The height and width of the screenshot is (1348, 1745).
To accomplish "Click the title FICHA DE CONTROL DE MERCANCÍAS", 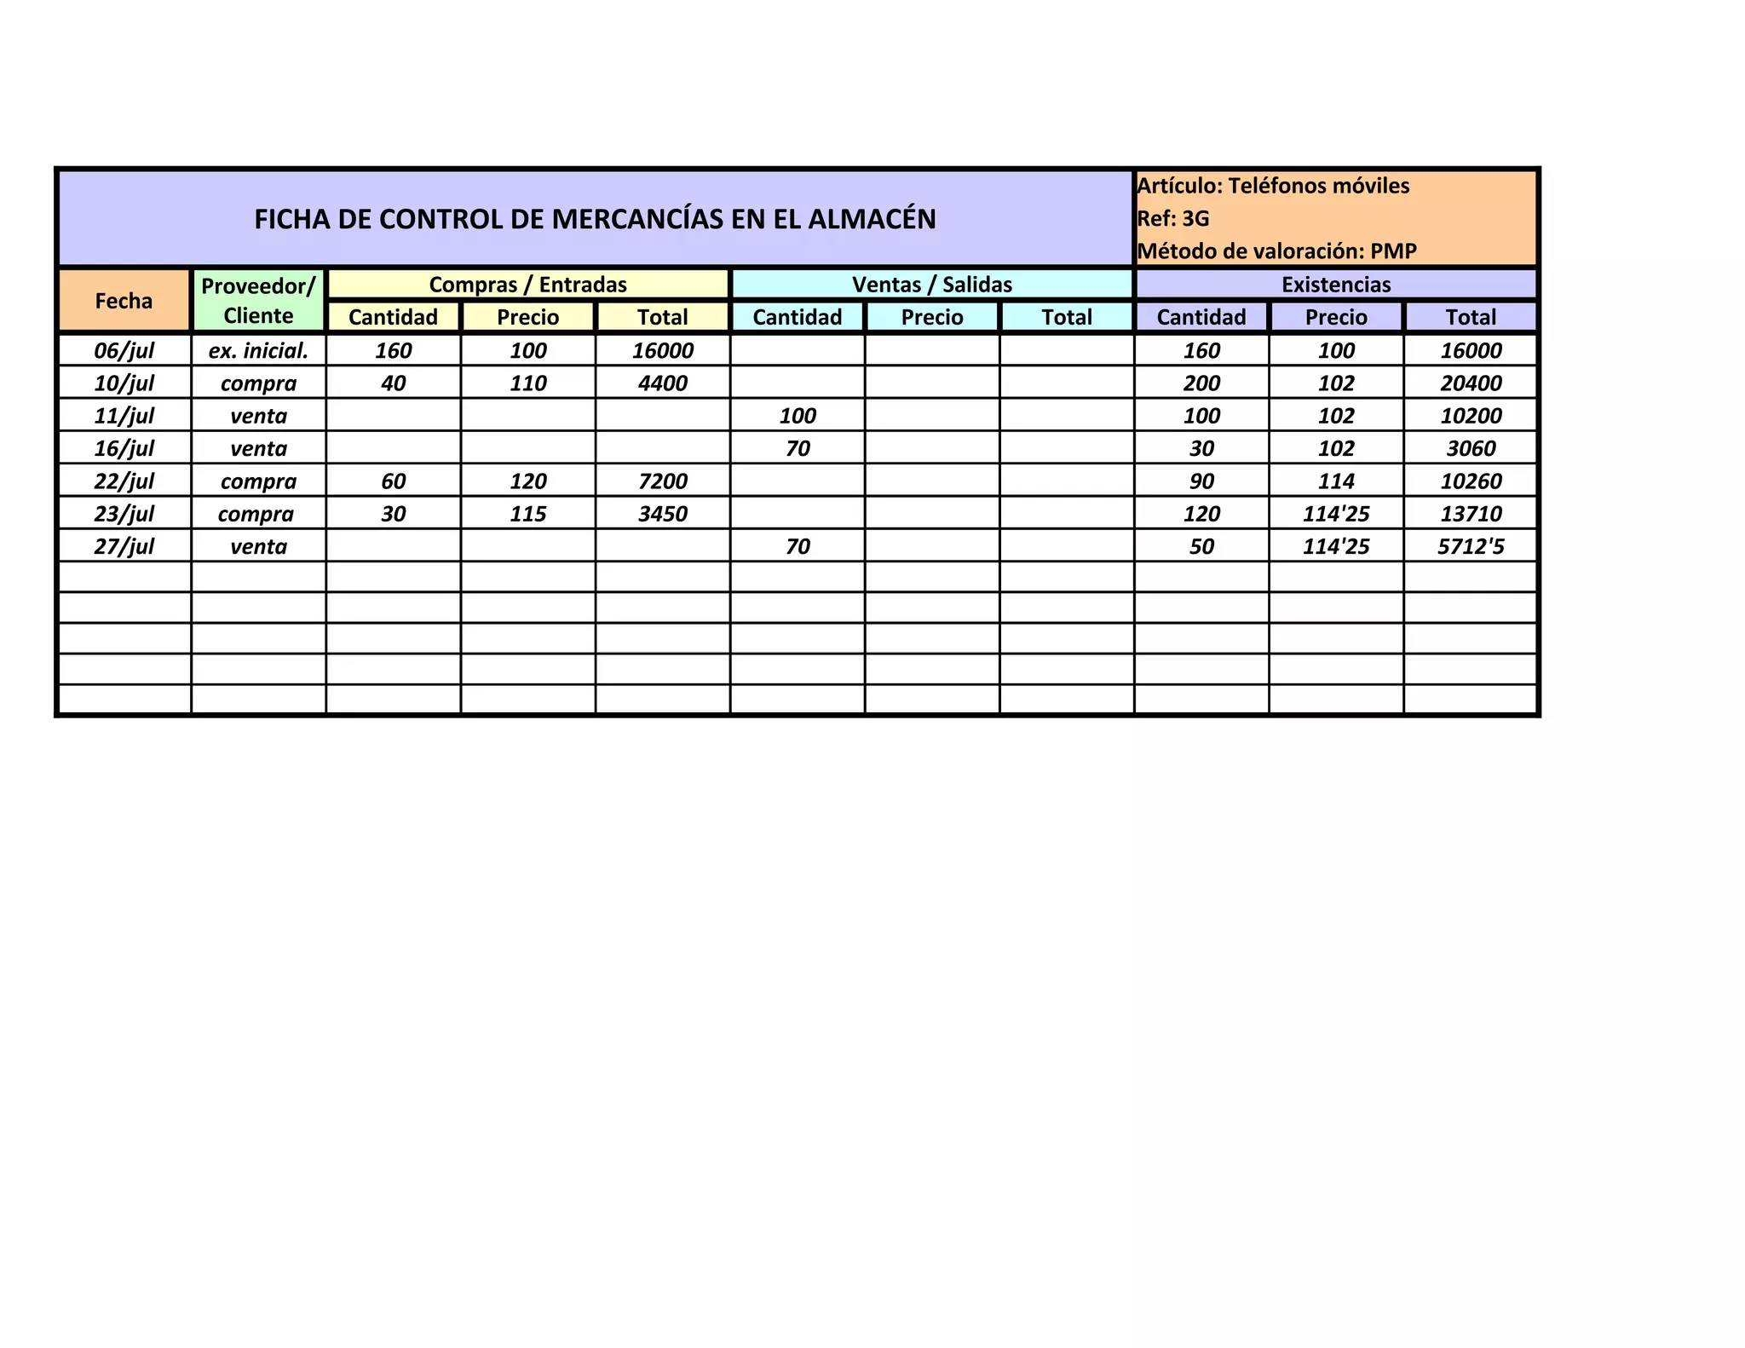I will [595, 219].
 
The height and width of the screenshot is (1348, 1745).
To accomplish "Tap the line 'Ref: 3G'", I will [1173, 219].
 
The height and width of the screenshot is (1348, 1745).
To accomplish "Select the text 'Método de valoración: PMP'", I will [1276, 251].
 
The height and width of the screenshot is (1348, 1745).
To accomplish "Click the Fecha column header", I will [124, 301].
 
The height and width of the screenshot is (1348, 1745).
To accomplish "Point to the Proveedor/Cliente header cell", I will [258, 301].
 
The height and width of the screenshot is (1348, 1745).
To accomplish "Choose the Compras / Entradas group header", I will [527, 285].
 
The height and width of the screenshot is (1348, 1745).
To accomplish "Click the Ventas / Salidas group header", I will [932, 285].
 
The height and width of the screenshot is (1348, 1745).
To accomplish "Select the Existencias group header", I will [1336, 285].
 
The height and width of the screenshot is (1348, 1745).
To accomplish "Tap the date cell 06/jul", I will [124, 350].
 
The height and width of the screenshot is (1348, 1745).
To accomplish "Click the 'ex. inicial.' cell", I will [258, 350].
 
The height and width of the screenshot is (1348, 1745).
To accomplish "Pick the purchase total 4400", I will [663, 383].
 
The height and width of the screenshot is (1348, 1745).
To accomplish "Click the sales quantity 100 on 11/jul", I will [798, 416].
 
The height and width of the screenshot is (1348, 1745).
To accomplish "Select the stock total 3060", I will [1471, 448].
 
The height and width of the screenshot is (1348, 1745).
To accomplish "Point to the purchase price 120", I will [528, 481].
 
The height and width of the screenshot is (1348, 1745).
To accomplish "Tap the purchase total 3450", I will [663, 514].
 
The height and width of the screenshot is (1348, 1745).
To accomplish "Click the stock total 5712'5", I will [1471, 546].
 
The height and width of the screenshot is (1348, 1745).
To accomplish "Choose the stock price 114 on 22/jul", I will [1336, 481].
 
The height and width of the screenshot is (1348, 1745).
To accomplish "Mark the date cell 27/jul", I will [124, 546].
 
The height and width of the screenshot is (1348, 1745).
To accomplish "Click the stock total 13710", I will [1471, 514].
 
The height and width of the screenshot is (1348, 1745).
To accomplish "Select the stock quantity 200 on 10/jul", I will [1201, 383].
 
